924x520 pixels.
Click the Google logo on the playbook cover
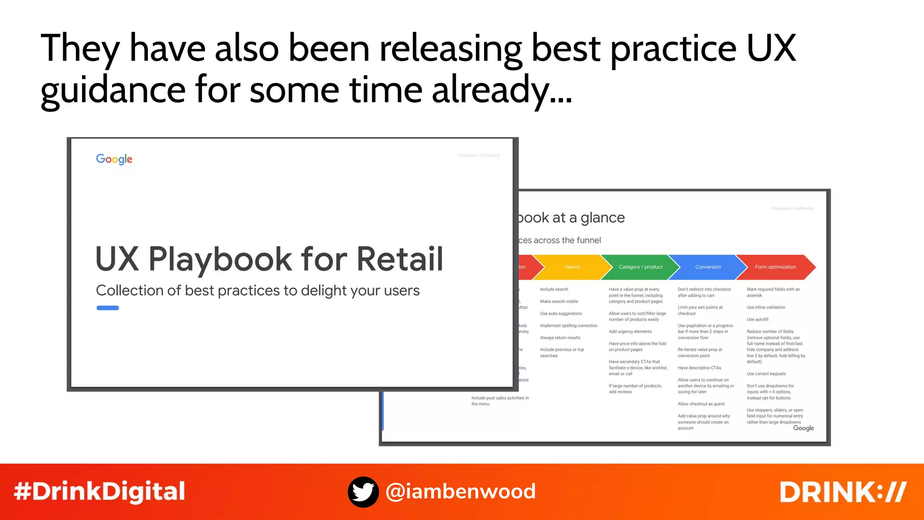click(114, 159)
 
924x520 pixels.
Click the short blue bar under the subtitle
click(108, 308)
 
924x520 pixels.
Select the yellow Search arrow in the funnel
click(573, 267)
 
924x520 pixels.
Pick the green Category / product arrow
click(640, 267)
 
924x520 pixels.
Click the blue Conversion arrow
click(708, 267)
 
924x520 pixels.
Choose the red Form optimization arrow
click(776, 267)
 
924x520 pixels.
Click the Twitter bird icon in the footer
click(363, 492)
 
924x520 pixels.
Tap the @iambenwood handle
click(461, 492)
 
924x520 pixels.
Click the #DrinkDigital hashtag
click(99, 492)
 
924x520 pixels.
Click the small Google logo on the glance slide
click(804, 428)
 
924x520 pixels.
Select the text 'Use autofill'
click(758, 320)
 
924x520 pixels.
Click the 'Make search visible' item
click(559, 302)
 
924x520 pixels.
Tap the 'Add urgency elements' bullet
click(630, 332)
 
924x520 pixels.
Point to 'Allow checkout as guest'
click(701, 404)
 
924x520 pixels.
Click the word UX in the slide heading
click(771, 48)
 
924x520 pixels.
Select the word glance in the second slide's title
click(602, 218)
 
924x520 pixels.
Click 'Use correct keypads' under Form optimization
click(766, 374)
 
